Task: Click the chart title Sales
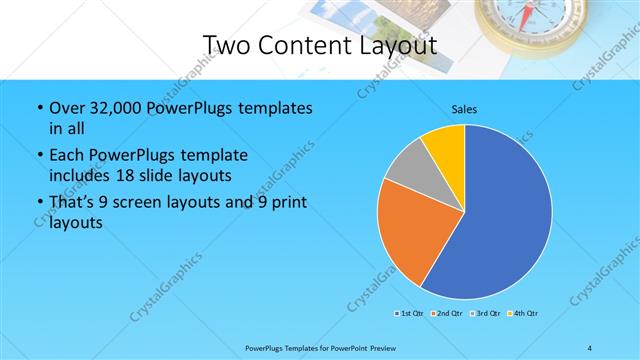tap(464, 108)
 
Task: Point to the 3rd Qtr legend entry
tap(484, 314)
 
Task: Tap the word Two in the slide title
tap(226, 45)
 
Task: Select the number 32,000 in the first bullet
tap(115, 108)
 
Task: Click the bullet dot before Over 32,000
tap(38, 108)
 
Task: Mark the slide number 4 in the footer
tap(590, 347)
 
